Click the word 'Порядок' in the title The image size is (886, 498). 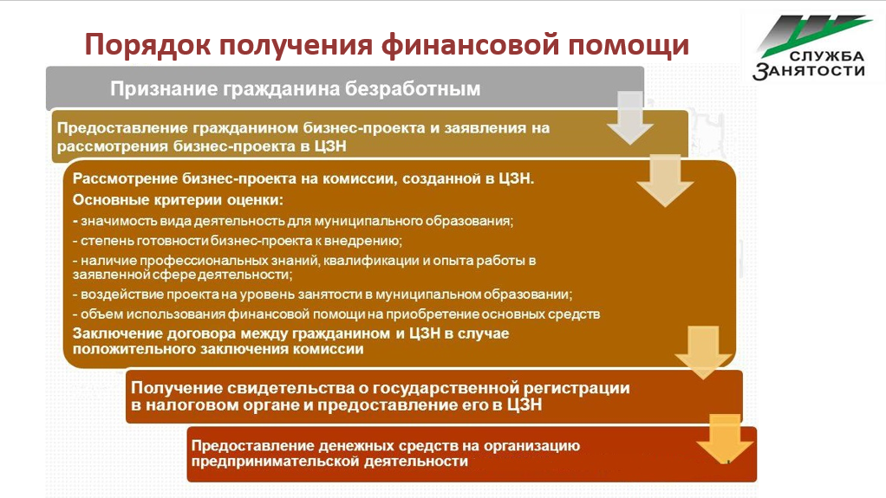coord(147,45)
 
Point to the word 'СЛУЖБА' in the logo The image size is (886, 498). coord(827,56)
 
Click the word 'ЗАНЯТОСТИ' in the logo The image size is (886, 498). coord(809,70)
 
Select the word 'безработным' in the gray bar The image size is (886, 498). coord(413,88)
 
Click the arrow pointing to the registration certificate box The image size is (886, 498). coord(703,352)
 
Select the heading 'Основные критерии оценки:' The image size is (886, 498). coord(178,200)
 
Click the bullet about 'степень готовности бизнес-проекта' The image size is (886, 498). coord(238,241)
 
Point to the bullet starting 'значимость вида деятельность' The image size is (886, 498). coord(293,221)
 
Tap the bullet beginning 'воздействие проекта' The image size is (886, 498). coord(322,294)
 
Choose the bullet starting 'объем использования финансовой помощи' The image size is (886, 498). coord(336,314)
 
